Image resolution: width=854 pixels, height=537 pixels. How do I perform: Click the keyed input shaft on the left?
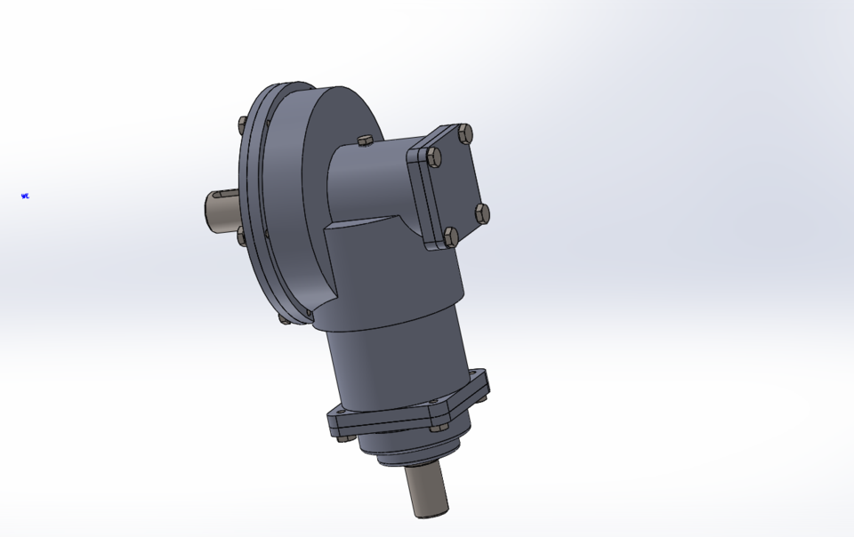click(221, 210)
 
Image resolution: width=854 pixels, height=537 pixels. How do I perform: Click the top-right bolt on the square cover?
click(463, 134)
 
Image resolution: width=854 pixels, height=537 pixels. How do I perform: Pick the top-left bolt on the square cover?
click(433, 157)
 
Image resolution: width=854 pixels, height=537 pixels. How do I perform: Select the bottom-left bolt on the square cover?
click(450, 236)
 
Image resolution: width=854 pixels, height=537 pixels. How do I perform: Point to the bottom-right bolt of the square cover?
click(482, 212)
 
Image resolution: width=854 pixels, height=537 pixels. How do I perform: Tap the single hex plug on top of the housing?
click(364, 140)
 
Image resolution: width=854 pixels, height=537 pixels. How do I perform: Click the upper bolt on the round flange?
click(242, 124)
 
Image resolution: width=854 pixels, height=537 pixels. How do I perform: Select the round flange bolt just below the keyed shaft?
click(241, 236)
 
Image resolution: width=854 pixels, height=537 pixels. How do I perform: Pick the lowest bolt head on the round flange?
click(283, 318)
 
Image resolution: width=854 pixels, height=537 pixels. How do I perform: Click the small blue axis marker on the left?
click(25, 196)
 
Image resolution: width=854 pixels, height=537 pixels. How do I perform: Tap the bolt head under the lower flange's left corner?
click(342, 436)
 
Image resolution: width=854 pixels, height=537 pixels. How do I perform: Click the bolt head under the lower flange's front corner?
click(438, 428)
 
